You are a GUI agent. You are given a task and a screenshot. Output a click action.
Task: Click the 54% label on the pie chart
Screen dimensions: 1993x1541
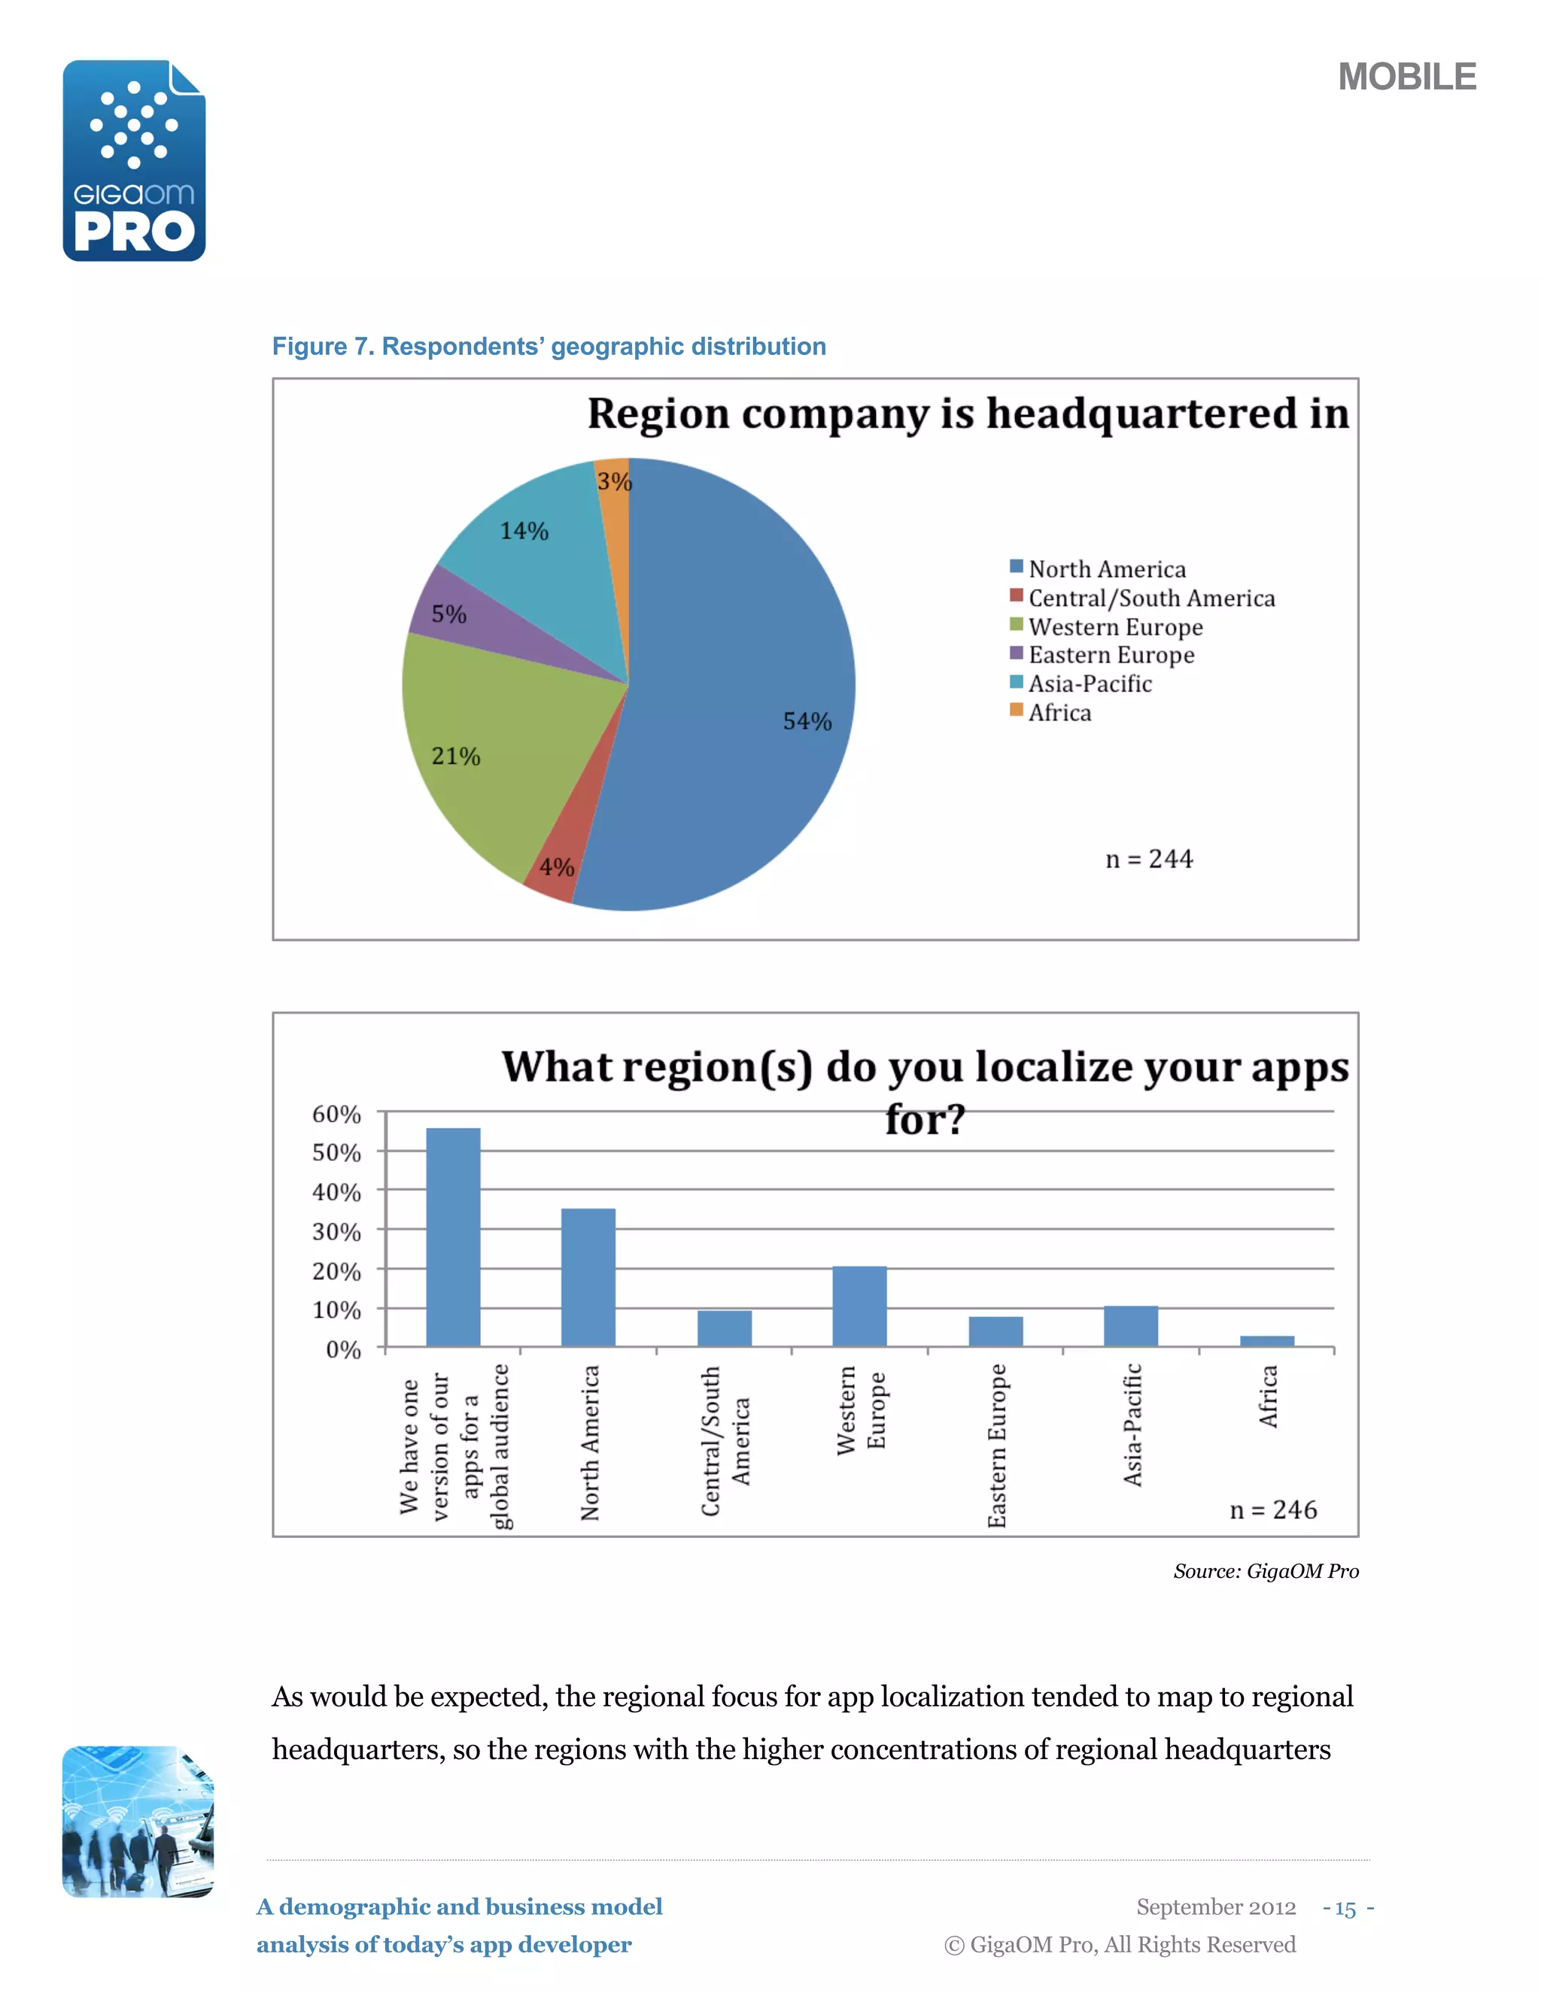(807, 721)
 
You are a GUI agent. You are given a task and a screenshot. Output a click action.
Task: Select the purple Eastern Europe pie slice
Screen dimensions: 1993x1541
(475, 616)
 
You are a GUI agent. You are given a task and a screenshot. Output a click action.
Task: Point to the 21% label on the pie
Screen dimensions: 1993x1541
(455, 756)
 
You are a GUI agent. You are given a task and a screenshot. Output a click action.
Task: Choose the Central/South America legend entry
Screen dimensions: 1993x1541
(1150, 598)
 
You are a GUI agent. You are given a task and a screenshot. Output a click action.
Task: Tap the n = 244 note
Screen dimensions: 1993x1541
(1148, 859)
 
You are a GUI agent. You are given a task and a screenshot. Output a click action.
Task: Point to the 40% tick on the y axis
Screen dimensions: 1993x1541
(337, 1192)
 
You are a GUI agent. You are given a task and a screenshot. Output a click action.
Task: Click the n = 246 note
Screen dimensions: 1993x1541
(1272, 1509)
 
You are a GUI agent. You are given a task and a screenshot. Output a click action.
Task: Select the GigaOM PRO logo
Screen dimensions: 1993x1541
(134, 161)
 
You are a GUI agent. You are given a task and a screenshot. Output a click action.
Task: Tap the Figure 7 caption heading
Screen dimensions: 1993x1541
(549, 347)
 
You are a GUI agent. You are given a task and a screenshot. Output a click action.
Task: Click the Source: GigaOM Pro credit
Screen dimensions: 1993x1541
(1266, 1570)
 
